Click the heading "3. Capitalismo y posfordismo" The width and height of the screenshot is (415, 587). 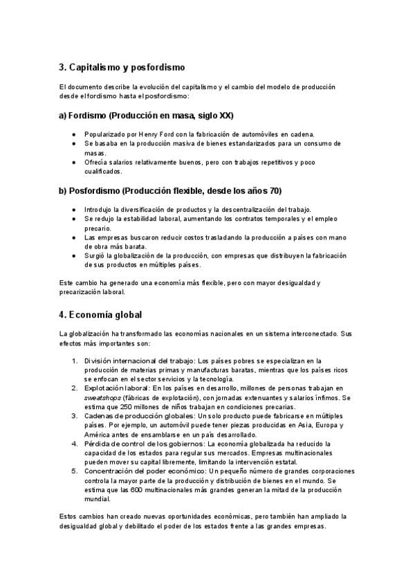click(x=122, y=67)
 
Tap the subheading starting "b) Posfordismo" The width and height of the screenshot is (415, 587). click(x=170, y=190)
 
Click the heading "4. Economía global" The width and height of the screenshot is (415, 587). click(x=100, y=314)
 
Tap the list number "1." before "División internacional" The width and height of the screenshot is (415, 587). click(x=75, y=361)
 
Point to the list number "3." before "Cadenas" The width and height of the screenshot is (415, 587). click(x=75, y=416)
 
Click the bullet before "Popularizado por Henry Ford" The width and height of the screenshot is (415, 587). click(x=74, y=134)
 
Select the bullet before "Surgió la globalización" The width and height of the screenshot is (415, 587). click(x=74, y=255)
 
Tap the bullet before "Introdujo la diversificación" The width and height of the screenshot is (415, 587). click(x=74, y=209)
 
